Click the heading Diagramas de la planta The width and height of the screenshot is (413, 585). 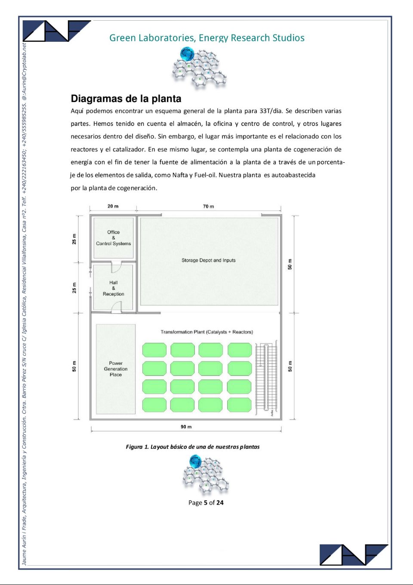pyautogui.click(x=126, y=99)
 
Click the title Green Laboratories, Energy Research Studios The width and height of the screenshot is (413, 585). pyautogui.click(x=206, y=38)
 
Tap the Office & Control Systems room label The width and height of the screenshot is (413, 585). pyautogui.click(x=114, y=238)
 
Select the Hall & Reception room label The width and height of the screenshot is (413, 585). pyautogui.click(x=114, y=288)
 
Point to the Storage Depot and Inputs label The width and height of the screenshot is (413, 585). pyautogui.click(x=209, y=260)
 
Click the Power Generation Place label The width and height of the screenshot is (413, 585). pyautogui.click(x=116, y=369)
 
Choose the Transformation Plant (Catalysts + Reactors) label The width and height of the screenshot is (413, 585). pyautogui.click(x=206, y=332)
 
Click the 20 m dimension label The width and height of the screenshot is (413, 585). pyautogui.click(x=113, y=206)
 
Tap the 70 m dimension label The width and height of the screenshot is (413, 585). pyautogui.click(x=209, y=206)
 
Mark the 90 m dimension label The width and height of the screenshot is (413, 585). pyautogui.click(x=186, y=427)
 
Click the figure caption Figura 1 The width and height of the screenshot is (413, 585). pyautogui.click(x=193, y=447)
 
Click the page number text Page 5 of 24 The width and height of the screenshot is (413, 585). pyautogui.click(x=206, y=503)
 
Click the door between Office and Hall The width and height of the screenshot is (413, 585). pyautogui.click(x=116, y=267)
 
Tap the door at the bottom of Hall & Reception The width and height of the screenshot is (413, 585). pyautogui.click(x=116, y=307)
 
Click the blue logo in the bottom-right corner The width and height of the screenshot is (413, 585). pyautogui.click(x=354, y=555)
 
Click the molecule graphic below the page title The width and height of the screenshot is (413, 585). pyautogui.click(x=199, y=68)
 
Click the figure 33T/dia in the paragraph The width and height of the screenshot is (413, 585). pyautogui.click(x=271, y=111)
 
